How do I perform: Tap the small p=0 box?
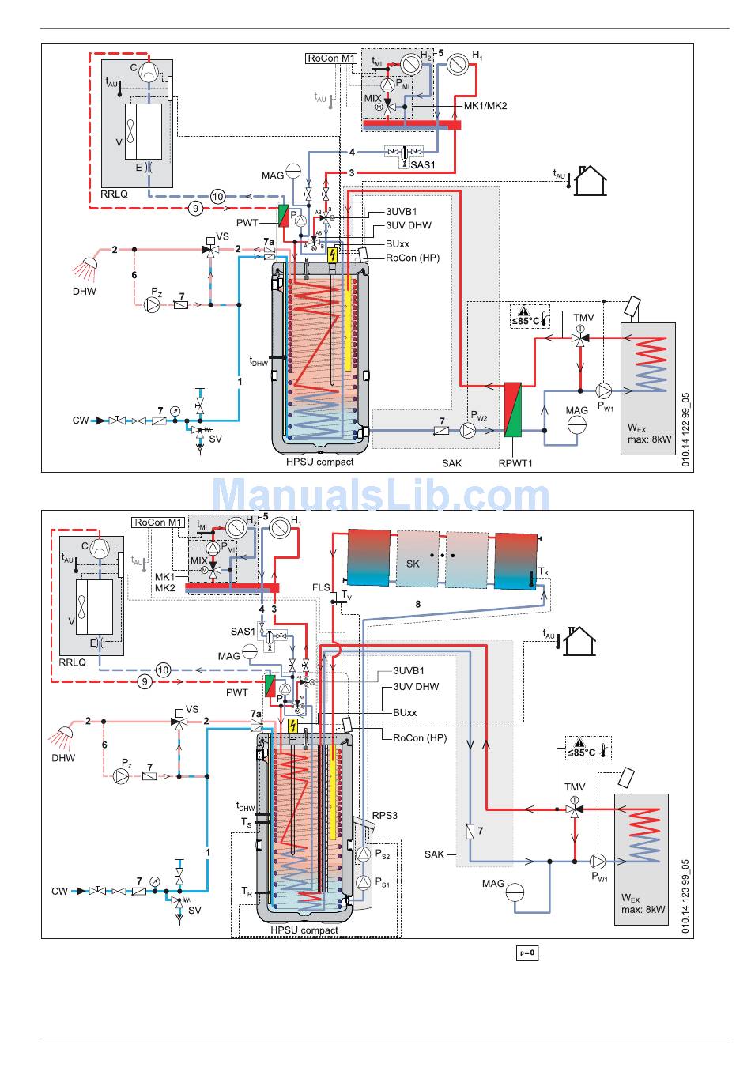point(527,952)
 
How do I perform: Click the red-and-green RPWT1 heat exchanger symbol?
point(513,409)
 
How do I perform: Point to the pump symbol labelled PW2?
point(469,430)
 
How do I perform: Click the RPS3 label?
point(385,816)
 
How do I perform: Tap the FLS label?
point(321,588)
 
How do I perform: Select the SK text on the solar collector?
point(413,564)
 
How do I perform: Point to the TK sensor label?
point(543,571)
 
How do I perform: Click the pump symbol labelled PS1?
point(363,881)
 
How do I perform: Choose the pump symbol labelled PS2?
point(363,854)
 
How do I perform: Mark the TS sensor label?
point(247,823)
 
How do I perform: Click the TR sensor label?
point(247,892)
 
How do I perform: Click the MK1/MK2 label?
point(485,105)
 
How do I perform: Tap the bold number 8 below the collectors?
point(418,604)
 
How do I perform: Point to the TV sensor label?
point(346,595)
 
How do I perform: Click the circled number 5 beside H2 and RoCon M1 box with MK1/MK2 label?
point(441,53)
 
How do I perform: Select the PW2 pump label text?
point(479,416)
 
